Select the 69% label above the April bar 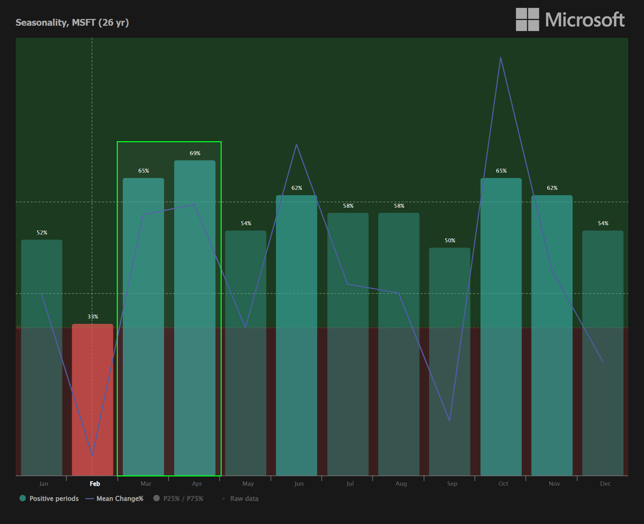(195, 153)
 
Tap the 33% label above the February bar (93, 317)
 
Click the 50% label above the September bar (450, 241)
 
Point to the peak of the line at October (500, 58)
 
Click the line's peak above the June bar (296, 144)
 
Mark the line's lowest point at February (92, 455)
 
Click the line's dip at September (449, 421)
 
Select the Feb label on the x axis (95, 484)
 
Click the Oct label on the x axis (503, 484)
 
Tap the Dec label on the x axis (605, 484)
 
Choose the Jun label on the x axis (299, 484)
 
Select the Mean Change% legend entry (115, 499)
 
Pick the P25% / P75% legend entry (178, 499)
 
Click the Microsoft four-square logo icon (527, 20)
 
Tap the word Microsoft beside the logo (585, 20)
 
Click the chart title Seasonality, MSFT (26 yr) (72, 23)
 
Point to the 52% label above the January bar (42, 233)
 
